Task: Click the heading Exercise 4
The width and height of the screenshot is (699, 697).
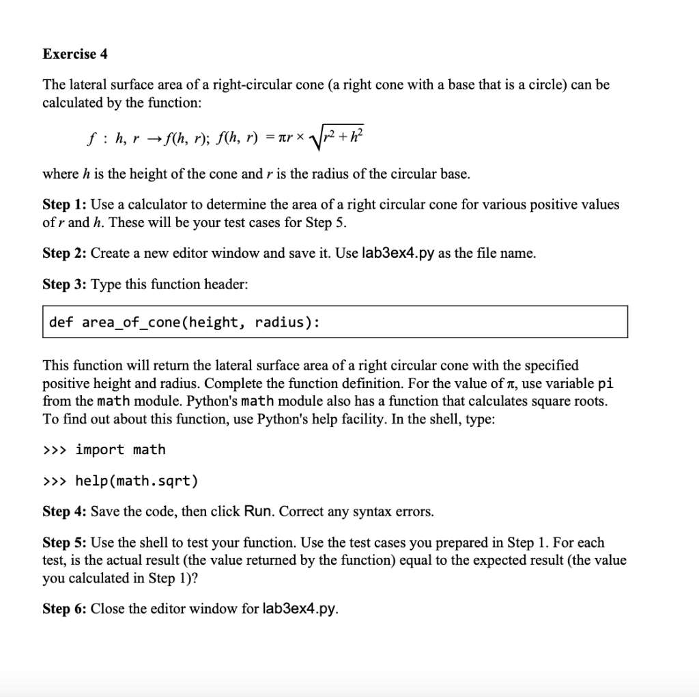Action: tap(75, 53)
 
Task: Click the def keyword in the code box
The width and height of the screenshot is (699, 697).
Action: tap(61, 322)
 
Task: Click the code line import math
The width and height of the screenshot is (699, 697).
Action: tap(120, 449)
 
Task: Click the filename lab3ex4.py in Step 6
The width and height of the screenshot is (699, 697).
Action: tap(299, 608)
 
